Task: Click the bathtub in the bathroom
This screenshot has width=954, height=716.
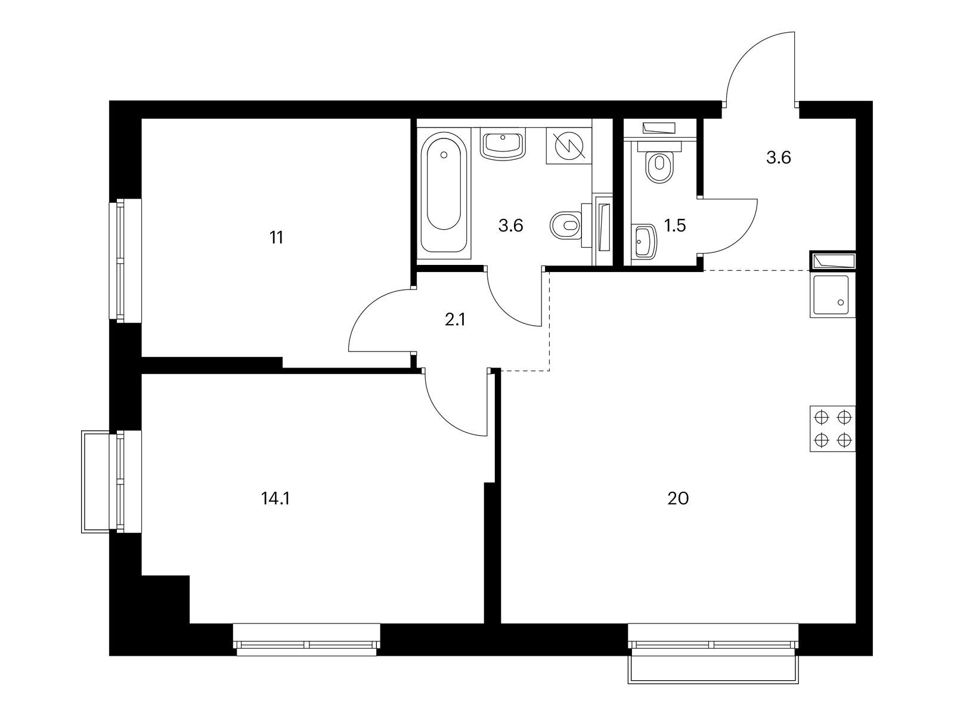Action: [x=444, y=193]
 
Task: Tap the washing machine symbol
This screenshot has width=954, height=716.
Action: [x=569, y=146]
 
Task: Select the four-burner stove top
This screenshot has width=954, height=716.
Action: [x=832, y=428]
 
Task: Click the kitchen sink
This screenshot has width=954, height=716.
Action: [x=832, y=295]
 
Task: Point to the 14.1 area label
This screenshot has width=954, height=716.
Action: [x=275, y=499]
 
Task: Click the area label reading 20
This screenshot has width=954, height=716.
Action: [x=677, y=499]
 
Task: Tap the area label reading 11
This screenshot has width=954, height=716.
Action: [x=277, y=238]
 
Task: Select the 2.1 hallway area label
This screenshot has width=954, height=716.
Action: [x=454, y=320]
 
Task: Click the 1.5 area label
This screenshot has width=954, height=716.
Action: [x=675, y=226]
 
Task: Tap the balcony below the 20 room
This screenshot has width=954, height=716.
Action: [x=713, y=670]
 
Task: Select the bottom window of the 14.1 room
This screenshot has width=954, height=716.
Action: [x=306, y=640]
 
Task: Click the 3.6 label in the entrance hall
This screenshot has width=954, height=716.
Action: [x=778, y=158]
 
